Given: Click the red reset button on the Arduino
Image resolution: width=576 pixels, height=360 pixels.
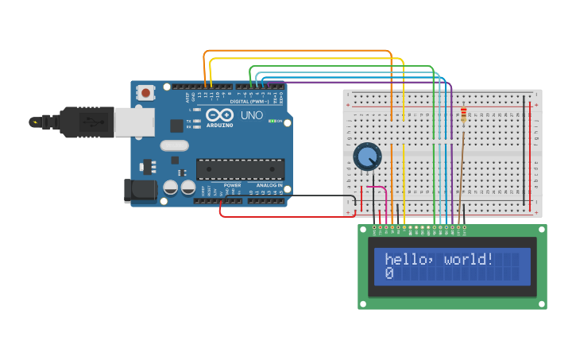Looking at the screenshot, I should pyautogui.click(x=145, y=93).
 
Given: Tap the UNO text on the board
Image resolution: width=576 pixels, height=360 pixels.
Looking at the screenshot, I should pyautogui.click(x=251, y=115).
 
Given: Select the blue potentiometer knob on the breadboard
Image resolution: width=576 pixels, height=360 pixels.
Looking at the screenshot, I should pyautogui.click(x=367, y=156).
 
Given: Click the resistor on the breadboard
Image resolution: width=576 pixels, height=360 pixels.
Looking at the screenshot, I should pyautogui.click(x=464, y=116).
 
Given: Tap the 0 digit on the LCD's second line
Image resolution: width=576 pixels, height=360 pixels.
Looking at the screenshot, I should pyautogui.click(x=389, y=273).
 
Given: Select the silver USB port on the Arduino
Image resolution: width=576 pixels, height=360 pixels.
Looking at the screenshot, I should pyautogui.click(x=133, y=122).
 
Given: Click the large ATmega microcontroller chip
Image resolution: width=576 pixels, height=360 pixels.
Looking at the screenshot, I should pyautogui.click(x=240, y=169).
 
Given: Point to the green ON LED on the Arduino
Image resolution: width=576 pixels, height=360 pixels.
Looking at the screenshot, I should pyautogui.click(x=273, y=121).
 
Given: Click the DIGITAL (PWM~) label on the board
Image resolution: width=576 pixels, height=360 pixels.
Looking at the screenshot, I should pyautogui.click(x=249, y=102).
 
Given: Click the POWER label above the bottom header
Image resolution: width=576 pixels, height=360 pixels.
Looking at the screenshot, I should pyautogui.click(x=231, y=185).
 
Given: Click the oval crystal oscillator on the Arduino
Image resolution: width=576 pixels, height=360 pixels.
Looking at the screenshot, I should pyautogui.click(x=174, y=145).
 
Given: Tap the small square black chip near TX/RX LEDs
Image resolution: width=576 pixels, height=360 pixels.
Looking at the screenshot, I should pyautogui.click(x=176, y=126).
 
